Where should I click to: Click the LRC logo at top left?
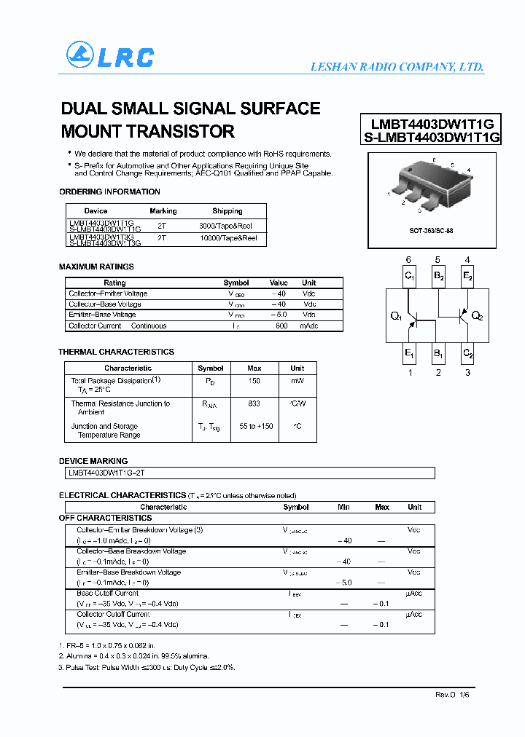[x=110, y=56]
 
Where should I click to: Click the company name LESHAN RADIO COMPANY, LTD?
[x=397, y=67]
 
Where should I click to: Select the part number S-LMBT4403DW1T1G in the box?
[x=431, y=137]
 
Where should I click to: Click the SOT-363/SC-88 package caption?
[x=430, y=230]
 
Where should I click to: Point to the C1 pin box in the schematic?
[x=410, y=276]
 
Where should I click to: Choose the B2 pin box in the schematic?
[x=438, y=276]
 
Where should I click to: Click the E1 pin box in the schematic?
[x=410, y=355]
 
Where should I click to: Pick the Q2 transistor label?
[x=478, y=316]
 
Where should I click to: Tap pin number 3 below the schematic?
[x=467, y=373]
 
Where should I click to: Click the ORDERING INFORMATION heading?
[x=109, y=192]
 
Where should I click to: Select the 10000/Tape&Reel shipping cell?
[x=227, y=238]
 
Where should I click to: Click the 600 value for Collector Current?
[x=281, y=326]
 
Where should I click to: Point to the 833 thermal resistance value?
[x=254, y=403]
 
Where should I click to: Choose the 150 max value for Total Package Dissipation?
[x=254, y=380]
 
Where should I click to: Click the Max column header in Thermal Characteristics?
[x=254, y=368]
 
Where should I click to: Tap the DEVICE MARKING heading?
[x=93, y=461]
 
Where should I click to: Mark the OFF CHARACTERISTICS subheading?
[x=105, y=518]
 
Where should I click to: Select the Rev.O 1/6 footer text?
[x=455, y=695]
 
